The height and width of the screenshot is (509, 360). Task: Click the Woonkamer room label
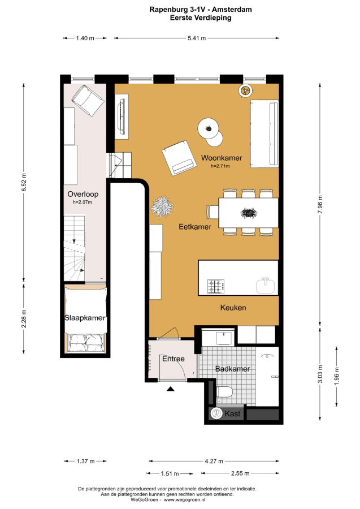pyautogui.click(x=222, y=158)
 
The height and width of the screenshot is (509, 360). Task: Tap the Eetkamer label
pyautogui.click(x=195, y=227)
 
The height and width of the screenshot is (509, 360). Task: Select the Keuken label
pyautogui.click(x=233, y=308)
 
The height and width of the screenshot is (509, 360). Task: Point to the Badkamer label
pyautogui.click(x=232, y=369)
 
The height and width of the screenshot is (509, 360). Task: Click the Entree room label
pyautogui.click(x=174, y=359)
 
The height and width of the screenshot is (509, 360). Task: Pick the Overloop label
pyautogui.click(x=83, y=194)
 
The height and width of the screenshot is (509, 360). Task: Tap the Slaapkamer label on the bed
pyautogui.click(x=85, y=318)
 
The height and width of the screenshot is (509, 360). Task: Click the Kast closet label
pyautogui.click(x=232, y=413)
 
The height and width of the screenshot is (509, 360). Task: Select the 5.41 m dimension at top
pyautogui.click(x=197, y=38)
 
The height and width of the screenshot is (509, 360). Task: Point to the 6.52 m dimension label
pyautogui.click(x=24, y=183)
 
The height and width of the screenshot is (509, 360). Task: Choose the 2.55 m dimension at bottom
pyautogui.click(x=240, y=473)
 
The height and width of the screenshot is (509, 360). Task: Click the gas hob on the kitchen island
pyautogui.click(x=216, y=287)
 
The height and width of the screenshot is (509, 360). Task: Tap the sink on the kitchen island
pyautogui.click(x=266, y=286)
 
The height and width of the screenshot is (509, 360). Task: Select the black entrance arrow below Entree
pyautogui.click(x=171, y=389)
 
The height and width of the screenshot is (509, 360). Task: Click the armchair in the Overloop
pyautogui.click(x=88, y=100)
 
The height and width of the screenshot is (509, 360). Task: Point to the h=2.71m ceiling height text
pyautogui.click(x=220, y=166)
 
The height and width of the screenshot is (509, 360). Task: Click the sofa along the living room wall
pyautogui.click(x=264, y=133)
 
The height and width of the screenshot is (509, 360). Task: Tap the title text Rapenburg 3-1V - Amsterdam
pyautogui.click(x=201, y=10)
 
